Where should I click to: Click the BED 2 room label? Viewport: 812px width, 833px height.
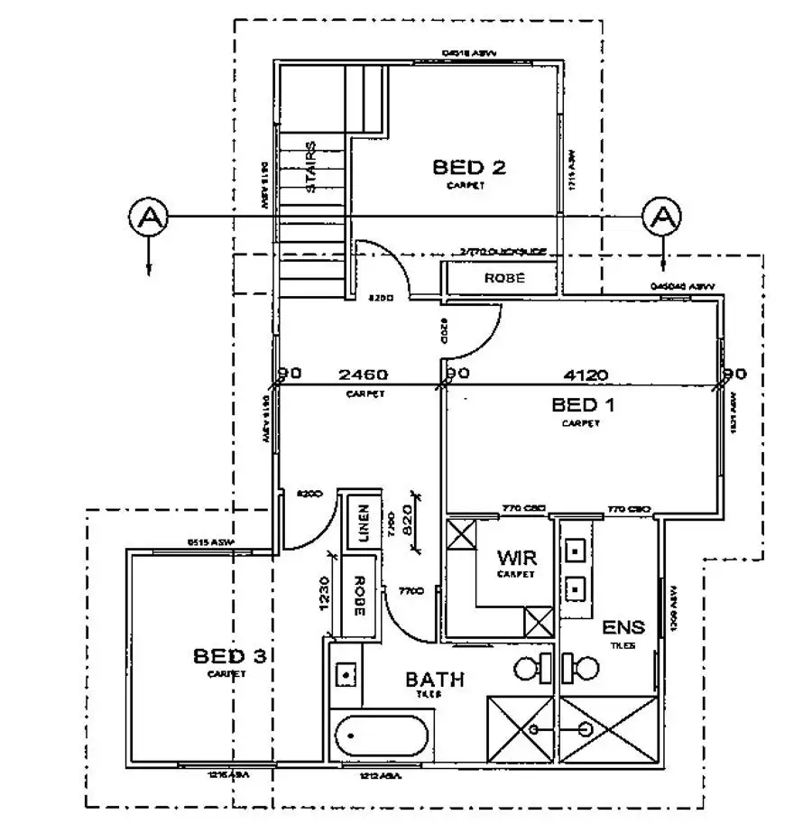pos(468,167)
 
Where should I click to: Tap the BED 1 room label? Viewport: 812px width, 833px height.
pos(583,404)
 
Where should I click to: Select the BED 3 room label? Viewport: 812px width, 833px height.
pos(228,656)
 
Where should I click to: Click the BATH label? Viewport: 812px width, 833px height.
pos(435,679)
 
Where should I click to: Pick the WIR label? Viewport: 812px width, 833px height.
pos(516,558)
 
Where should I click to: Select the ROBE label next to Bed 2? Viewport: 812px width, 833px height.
pos(503,279)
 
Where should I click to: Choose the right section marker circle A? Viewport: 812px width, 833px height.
pos(661,217)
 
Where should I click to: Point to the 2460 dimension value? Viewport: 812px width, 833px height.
pos(363,375)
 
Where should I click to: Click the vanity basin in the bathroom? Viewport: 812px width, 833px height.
pos(344,672)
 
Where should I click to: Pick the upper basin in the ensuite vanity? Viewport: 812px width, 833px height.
pos(575,548)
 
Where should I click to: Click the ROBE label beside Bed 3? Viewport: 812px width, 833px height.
pos(358,596)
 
